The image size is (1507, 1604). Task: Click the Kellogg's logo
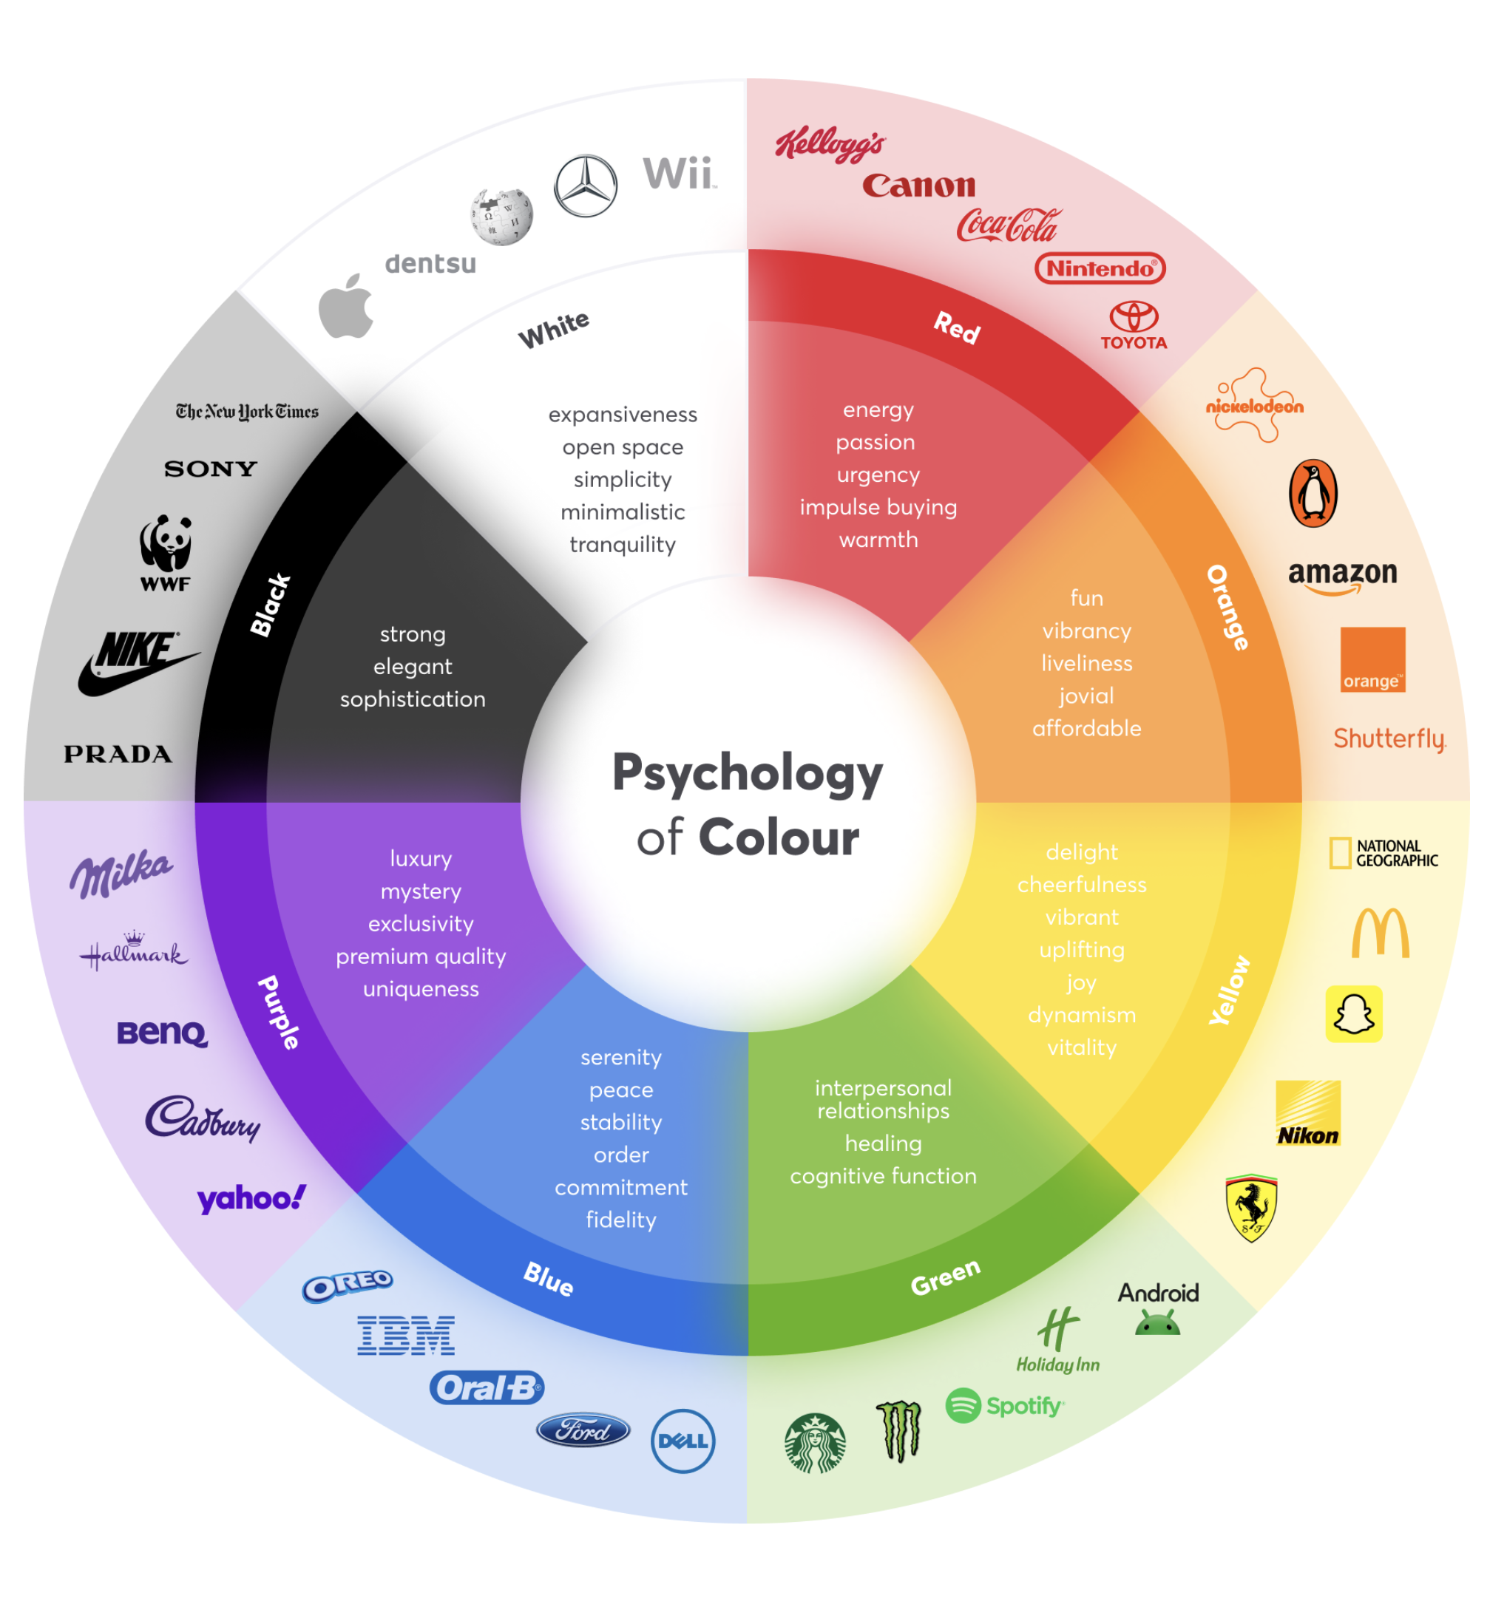(x=829, y=144)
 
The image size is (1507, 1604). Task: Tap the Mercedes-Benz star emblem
(x=585, y=186)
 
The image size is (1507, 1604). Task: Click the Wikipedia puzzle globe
(x=501, y=217)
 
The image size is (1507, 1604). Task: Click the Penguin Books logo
(x=1313, y=493)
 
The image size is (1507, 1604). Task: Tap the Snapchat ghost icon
(x=1354, y=1013)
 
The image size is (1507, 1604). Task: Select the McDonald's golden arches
(x=1381, y=933)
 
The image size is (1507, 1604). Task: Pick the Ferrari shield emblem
(x=1250, y=1207)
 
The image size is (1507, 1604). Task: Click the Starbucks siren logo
(x=816, y=1443)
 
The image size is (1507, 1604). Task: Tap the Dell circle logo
(x=683, y=1441)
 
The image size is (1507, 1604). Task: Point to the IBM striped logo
(x=406, y=1336)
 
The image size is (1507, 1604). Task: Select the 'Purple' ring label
(x=279, y=1013)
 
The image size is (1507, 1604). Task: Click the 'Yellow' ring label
(x=1229, y=990)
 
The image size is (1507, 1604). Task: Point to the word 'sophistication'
(x=413, y=699)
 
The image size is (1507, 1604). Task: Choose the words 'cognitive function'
(x=883, y=1175)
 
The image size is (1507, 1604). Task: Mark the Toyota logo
(x=1134, y=325)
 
